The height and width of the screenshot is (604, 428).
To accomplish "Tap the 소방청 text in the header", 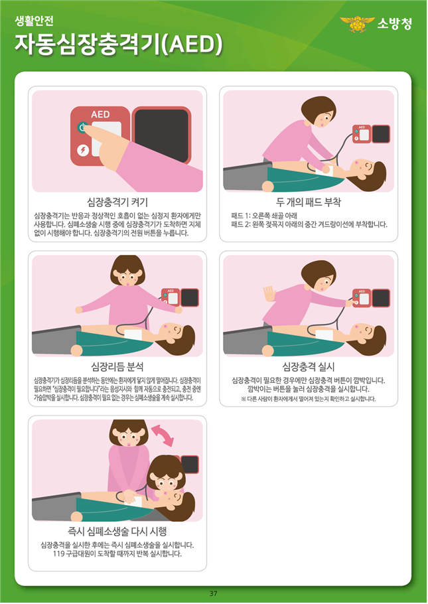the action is point(394,23).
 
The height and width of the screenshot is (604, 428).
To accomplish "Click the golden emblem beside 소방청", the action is point(357,24).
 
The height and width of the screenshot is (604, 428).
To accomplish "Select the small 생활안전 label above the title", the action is point(34,21).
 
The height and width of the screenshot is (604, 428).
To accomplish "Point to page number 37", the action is point(214,593).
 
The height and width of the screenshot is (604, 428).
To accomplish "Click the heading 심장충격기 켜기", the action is point(117,202).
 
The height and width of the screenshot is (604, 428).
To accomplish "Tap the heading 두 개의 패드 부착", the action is point(309,202).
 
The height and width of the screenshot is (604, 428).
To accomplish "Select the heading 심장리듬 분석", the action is point(117,366).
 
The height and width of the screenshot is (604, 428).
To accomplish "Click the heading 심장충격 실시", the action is point(309,366).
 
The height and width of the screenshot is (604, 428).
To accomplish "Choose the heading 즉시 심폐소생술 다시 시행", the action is point(117,532).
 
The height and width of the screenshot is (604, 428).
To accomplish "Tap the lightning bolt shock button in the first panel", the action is point(83,150).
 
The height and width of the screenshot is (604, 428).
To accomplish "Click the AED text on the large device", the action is point(100,114).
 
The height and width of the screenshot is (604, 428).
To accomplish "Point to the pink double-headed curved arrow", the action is point(163,435).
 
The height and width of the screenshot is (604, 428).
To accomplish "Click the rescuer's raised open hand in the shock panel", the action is point(269,294).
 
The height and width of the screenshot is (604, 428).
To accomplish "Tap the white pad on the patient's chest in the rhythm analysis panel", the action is point(133,334).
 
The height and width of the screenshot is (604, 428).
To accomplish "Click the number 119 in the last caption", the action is point(58,554).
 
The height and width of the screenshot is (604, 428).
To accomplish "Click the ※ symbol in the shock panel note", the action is point(244,399).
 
